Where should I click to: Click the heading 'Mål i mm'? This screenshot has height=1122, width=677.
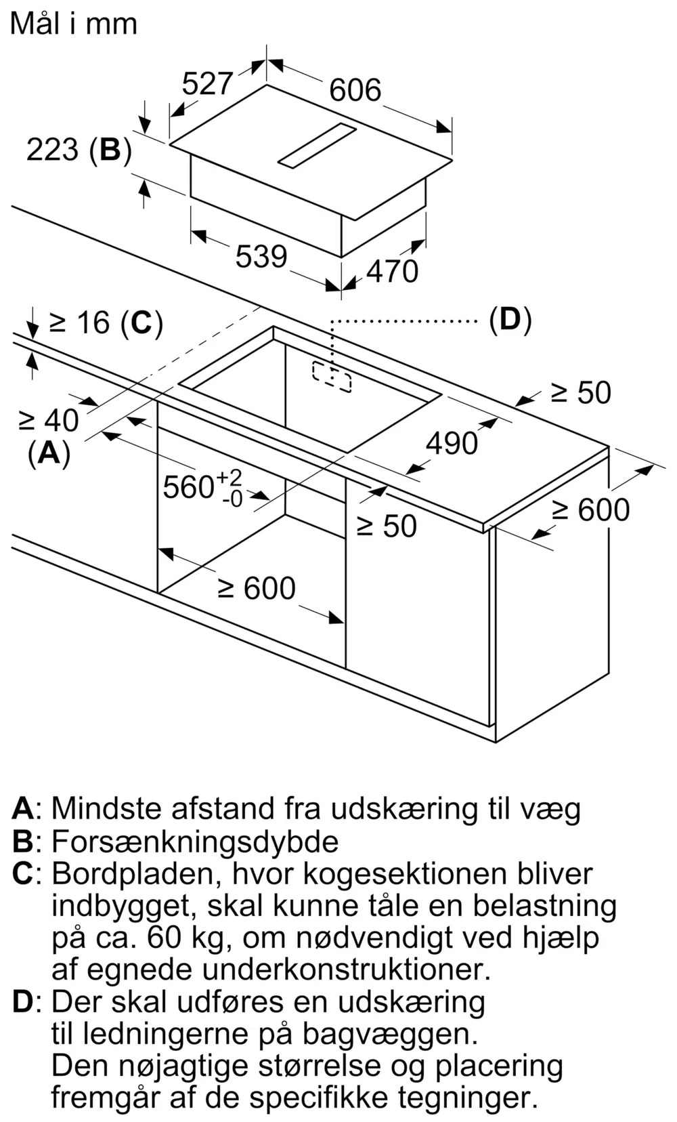coord(74,24)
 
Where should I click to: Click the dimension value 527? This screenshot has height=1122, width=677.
coord(207,84)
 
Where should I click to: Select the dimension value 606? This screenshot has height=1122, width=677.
coord(355,90)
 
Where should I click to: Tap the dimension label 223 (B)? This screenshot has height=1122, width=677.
coord(79,149)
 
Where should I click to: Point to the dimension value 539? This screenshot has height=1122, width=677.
coord(261,256)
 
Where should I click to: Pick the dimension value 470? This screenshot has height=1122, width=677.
coord(392,272)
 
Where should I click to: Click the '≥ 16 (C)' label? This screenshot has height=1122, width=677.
coord(106,323)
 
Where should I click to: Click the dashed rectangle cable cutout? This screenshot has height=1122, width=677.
coord(332,377)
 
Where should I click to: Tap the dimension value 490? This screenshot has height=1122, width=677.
coord(452,443)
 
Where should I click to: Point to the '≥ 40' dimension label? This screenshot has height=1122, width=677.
coord(48,421)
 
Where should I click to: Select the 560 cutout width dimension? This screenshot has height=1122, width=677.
coord(202,486)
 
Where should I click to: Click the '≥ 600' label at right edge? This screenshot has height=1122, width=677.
coord(590,510)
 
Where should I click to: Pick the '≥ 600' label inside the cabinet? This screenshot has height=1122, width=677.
coord(257,588)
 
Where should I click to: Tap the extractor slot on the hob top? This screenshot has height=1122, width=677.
coord(317,146)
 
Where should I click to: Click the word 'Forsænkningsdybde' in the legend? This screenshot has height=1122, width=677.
coord(195,841)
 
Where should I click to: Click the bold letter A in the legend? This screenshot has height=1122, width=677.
coord(23,808)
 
